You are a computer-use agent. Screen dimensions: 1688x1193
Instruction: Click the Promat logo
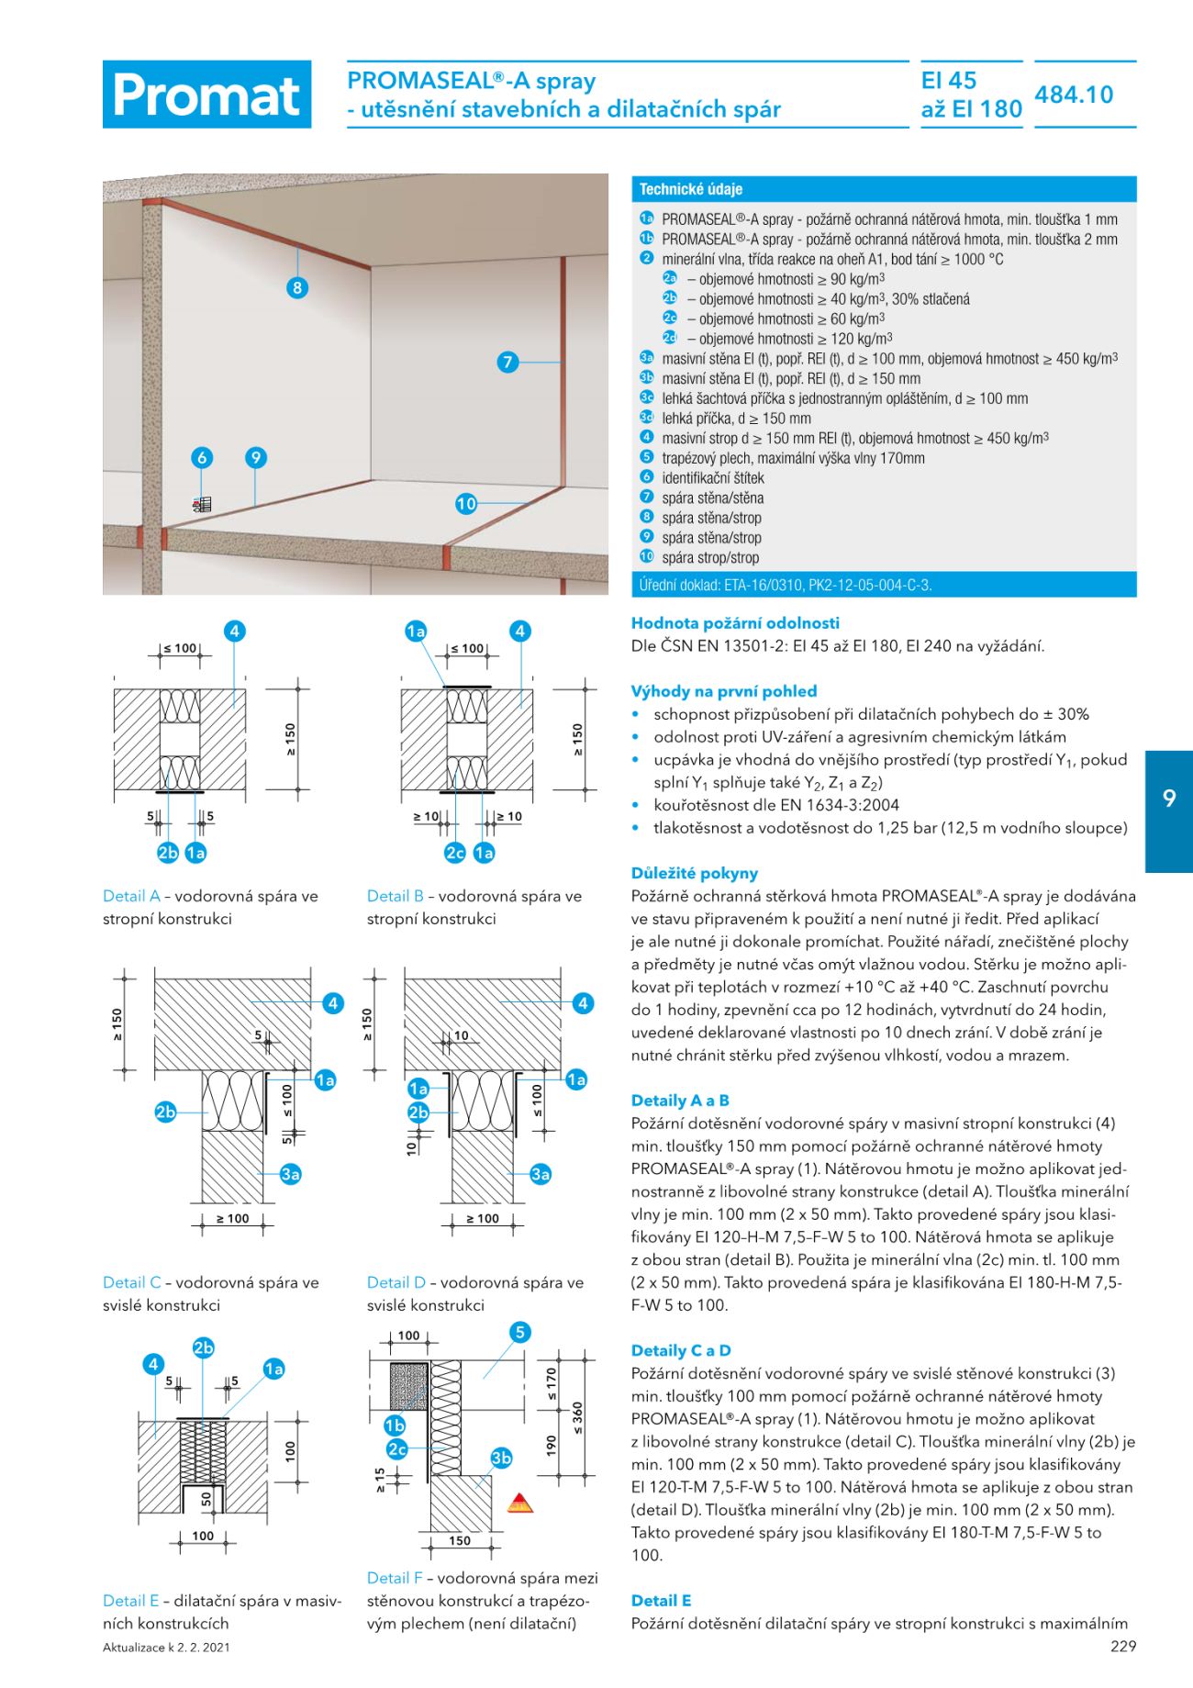[x=206, y=95]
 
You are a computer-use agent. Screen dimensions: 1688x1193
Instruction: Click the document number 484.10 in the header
[x=1074, y=95]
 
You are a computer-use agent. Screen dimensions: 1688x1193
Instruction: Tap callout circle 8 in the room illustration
[x=296, y=287]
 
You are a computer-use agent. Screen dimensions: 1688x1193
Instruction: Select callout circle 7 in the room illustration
[x=507, y=362]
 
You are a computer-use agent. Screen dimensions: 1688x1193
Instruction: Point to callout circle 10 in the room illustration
[x=466, y=503]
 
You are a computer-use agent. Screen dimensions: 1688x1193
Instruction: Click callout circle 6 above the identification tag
[x=202, y=457]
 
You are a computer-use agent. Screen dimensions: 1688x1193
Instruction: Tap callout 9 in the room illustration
[x=256, y=457]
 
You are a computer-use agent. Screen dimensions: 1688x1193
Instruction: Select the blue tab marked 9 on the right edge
[x=1168, y=798]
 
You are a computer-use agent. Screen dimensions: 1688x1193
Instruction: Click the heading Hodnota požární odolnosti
[x=735, y=623]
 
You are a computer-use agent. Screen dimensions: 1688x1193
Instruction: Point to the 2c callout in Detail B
[x=455, y=853]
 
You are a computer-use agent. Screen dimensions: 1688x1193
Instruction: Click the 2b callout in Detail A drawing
[x=167, y=853]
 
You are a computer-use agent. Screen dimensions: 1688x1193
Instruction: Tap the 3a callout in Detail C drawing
[x=290, y=1174]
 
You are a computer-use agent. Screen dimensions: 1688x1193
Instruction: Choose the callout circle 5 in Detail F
[x=519, y=1332]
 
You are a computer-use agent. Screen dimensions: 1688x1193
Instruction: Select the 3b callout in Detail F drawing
[x=501, y=1458]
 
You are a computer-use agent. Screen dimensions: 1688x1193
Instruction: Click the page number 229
[x=1122, y=1646]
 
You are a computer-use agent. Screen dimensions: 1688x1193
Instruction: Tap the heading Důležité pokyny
[x=694, y=873]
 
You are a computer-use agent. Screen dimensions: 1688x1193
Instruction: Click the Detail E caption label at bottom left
[x=130, y=1601]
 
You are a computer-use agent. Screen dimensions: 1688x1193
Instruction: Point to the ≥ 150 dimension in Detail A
[x=291, y=739]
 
